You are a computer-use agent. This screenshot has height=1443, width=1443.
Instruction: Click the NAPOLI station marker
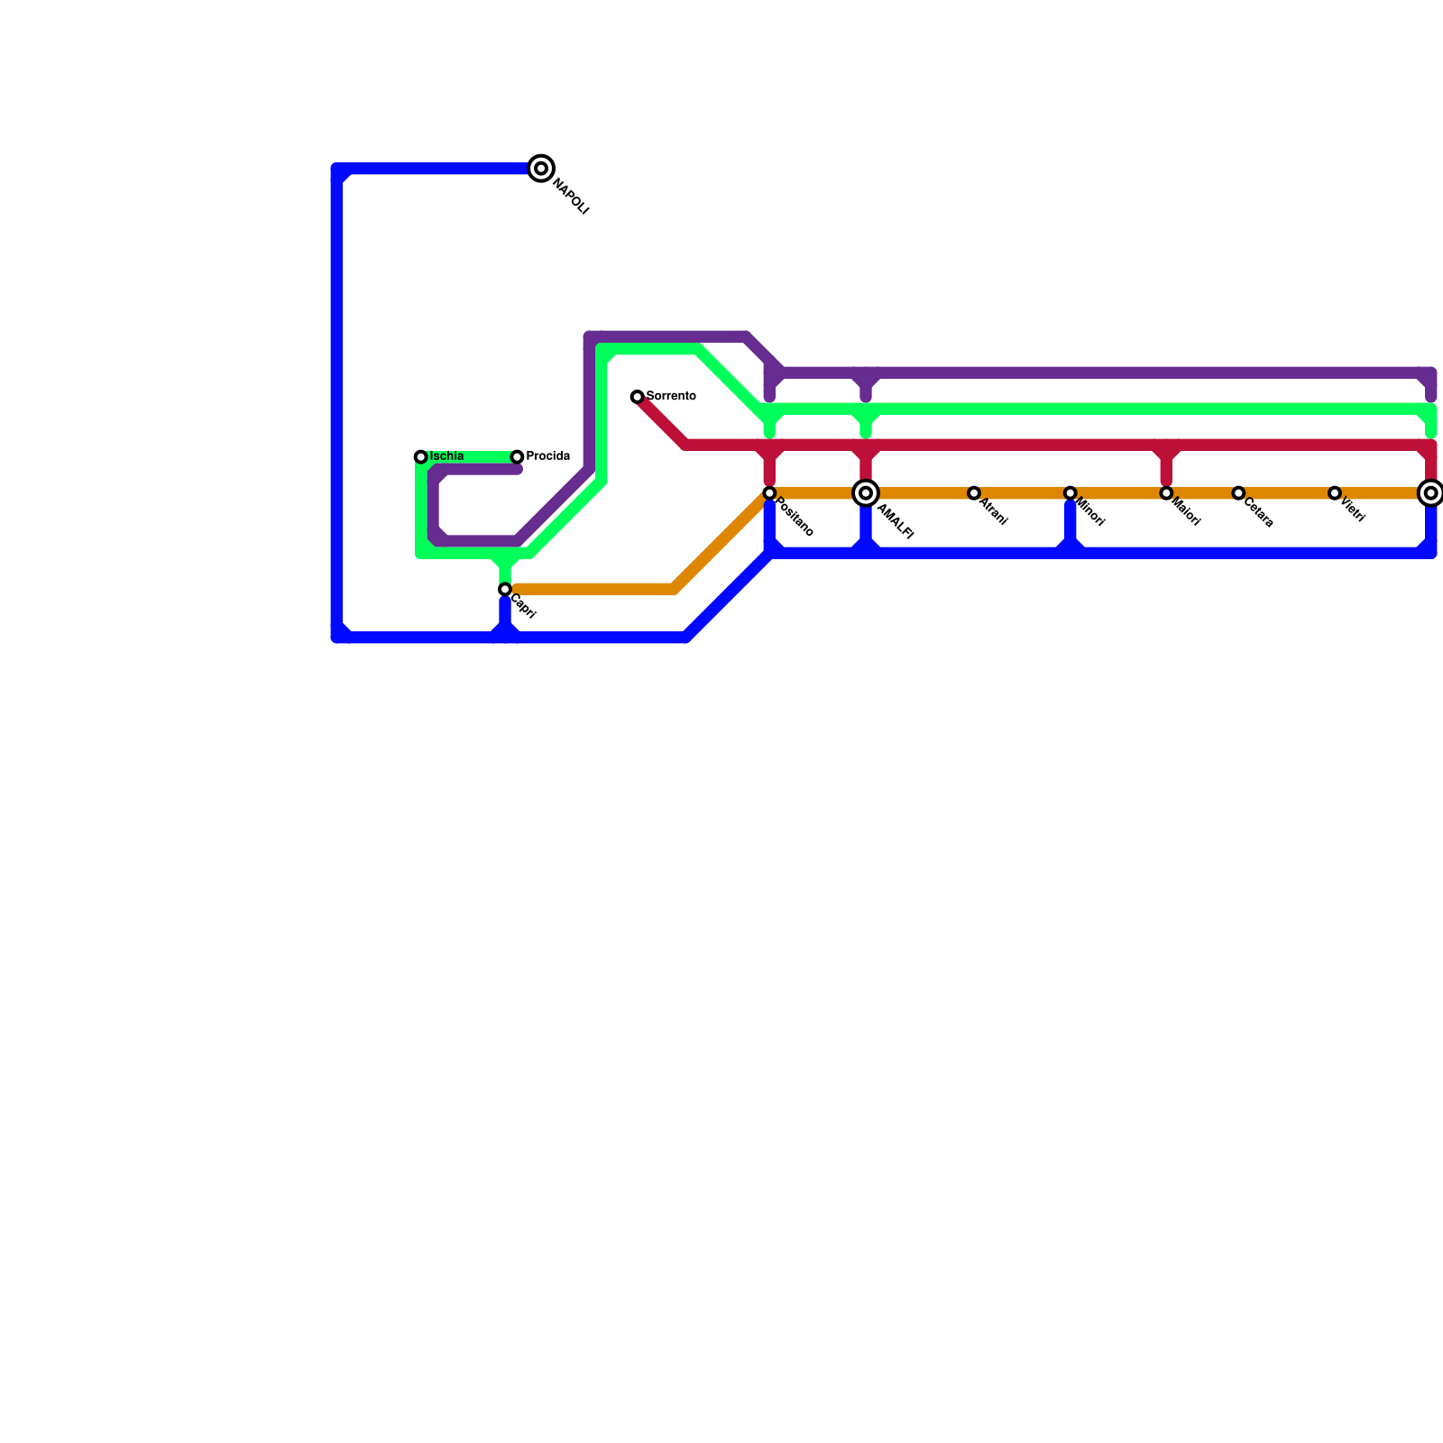coord(541,168)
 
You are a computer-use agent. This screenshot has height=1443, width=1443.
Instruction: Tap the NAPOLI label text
coord(570,198)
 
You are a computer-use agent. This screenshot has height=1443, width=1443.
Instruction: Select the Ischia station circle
coord(420,457)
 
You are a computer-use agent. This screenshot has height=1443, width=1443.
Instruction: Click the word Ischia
coord(447,456)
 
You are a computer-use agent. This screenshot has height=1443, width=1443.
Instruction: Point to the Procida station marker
coord(517,457)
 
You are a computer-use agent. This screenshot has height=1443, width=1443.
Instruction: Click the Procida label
coord(548,456)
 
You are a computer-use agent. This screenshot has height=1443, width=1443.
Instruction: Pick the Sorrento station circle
coord(637,397)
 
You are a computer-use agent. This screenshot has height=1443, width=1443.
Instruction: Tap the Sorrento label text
coord(671,396)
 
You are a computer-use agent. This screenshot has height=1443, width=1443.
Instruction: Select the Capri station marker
coord(505,590)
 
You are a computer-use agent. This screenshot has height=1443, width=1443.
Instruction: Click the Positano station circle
coord(769,493)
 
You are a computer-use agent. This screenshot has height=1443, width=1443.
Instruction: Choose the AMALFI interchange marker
coord(866,493)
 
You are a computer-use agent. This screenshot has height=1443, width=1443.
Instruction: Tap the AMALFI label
coord(896,522)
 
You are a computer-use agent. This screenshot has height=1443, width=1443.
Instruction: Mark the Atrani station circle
coord(974,493)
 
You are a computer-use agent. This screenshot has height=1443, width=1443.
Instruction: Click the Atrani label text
coord(993,512)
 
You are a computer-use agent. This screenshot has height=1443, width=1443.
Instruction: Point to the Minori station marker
coord(1070,493)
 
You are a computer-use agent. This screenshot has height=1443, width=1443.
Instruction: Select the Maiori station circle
coord(1166,493)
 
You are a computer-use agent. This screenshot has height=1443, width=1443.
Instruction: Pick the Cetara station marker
coord(1238,493)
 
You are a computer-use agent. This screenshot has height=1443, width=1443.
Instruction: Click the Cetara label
coord(1258,513)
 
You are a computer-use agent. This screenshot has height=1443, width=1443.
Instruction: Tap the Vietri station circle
coord(1335,493)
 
